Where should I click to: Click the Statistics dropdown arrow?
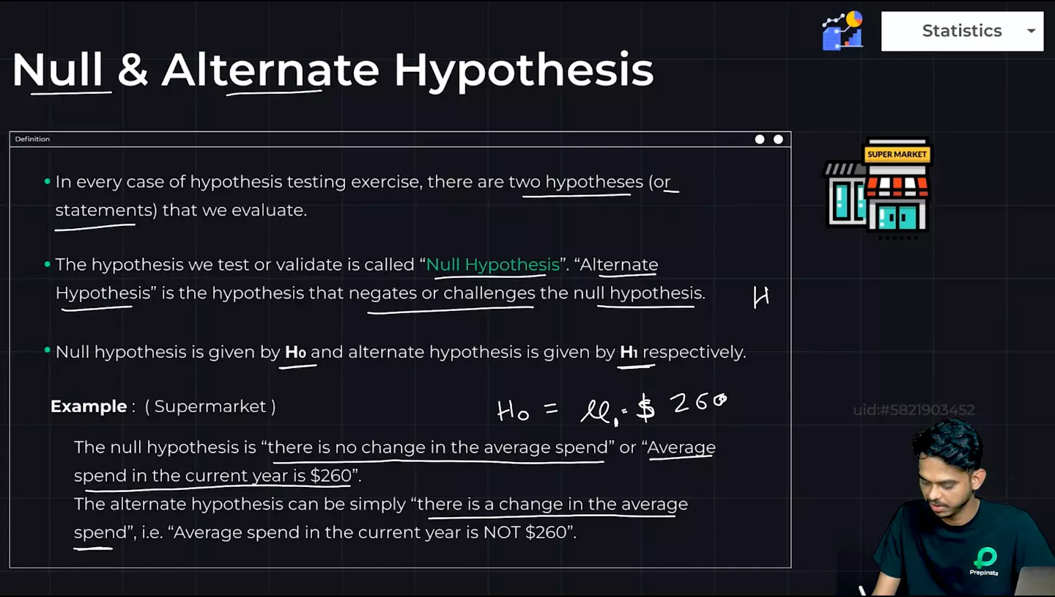tap(1031, 31)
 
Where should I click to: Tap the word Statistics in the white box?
tap(962, 31)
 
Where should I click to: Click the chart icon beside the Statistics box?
tap(843, 30)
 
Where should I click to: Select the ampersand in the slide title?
tap(133, 70)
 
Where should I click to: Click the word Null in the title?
tap(57, 70)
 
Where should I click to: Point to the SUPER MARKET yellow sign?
tap(897, 154)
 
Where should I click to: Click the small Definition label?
tap(32, 139)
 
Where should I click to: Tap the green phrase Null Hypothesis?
tap(492, 265)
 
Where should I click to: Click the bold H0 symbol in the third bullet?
tap(296, 352)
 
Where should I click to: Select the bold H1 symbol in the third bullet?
tap(629, 352)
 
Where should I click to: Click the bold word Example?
tap(89, 406)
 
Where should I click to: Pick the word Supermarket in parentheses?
tap(210, 406)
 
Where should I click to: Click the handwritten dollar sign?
tap(645, 408)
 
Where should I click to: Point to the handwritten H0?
tap(513, 411)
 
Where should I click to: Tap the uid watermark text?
tap(914, 410)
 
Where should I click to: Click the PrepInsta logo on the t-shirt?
tap(984, 561)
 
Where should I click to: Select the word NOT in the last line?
tap(502, 532)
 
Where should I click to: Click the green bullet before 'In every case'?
tap(47, 181)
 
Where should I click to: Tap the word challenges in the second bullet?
tap(489, 293)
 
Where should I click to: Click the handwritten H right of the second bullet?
tap(760, 297)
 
